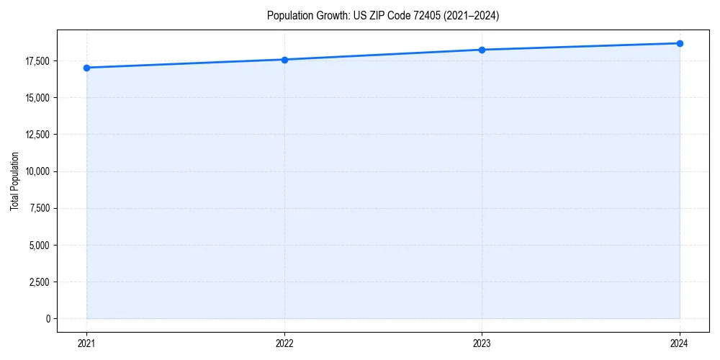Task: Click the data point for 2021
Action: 86,68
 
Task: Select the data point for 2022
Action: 284,60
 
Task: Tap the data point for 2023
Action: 482,50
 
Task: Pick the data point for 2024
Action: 680,43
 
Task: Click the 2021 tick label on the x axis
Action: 86,343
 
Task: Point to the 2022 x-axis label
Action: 284,343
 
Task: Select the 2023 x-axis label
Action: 482,343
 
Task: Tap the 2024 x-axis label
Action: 680,343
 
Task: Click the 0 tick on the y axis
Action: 48,318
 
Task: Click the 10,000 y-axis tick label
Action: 37,171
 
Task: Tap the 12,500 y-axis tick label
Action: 37,135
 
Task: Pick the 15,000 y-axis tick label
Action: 37,98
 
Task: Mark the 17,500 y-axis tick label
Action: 37,60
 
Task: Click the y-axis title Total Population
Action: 14,180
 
